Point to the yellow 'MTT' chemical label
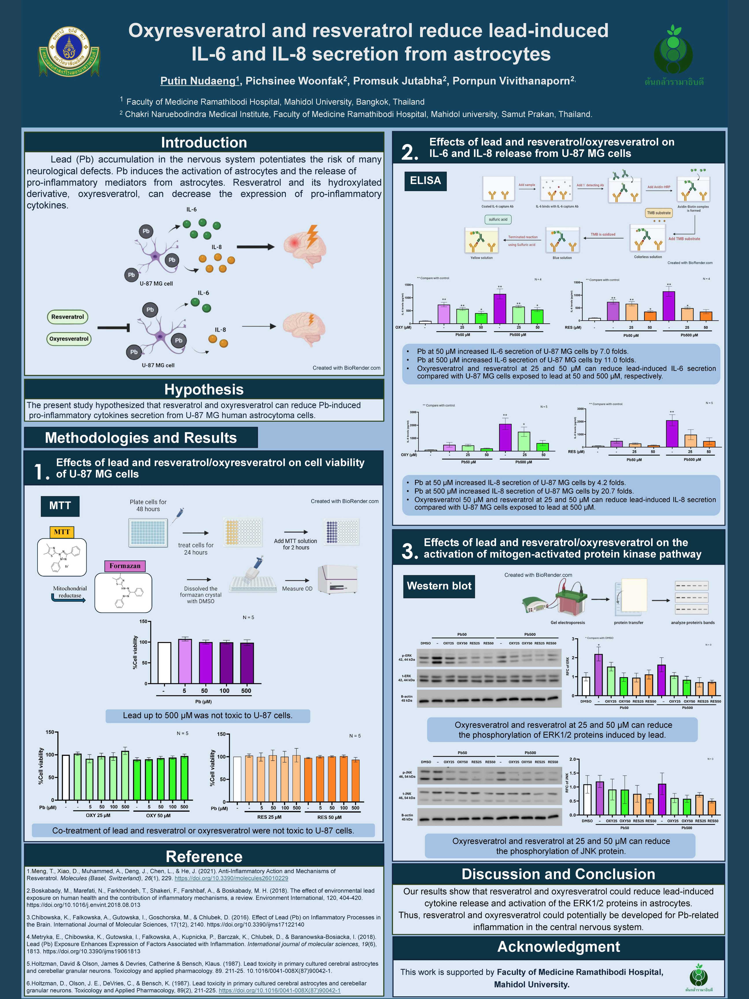point(62,532)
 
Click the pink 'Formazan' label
point(125,566)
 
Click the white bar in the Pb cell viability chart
point(164,663)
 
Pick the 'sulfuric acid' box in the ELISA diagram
point(498,219)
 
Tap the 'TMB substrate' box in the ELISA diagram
point(659,213)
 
